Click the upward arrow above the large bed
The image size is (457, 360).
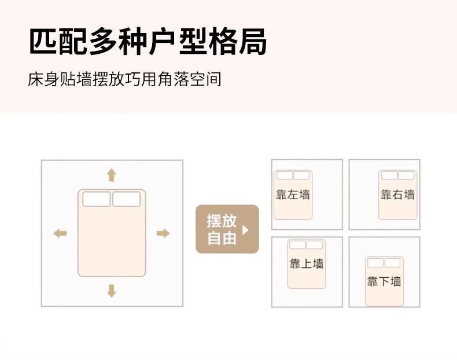112,175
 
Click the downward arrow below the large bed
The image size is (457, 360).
112,291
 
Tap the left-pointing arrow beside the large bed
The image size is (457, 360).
60,233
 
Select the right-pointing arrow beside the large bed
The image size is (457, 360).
163,233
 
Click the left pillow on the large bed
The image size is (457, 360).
96,200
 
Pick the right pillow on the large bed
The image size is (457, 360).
127,200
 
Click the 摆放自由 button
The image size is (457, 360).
227,229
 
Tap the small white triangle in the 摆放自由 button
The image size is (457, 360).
245,229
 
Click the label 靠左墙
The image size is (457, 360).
292,194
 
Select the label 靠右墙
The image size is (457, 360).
397,194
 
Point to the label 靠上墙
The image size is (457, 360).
306,264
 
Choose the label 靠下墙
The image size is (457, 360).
384,282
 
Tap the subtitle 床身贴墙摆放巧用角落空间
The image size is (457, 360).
124,79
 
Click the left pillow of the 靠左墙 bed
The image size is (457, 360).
284,175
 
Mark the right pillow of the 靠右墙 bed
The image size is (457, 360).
406,175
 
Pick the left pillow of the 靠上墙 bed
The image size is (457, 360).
297,245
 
